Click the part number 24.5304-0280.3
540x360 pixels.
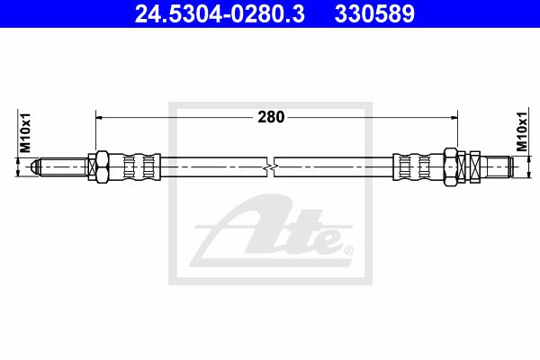[x=220, y=14]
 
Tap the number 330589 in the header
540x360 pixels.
[x=374, y=14]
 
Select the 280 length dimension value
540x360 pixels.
[x=271, y=117]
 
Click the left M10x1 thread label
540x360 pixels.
[x=25, y=132]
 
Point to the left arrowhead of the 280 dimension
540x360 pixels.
[x=100, y=118]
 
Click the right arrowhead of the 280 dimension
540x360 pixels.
[x=454, y=118]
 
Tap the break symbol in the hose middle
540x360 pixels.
[x=271, y=167]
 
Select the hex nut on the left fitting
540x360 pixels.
[x=103, y=166]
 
